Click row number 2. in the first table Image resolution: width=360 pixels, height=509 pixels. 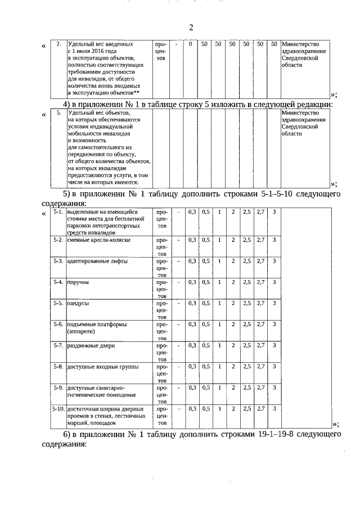(x=58, y=44)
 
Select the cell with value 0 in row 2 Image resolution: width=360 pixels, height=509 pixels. (x=191, y=44)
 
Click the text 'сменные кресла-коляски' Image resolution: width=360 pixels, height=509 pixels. (x=98, y=240)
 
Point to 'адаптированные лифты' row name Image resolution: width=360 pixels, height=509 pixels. (x=97, y=262)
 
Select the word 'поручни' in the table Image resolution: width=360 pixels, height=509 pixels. (x=78, y=282)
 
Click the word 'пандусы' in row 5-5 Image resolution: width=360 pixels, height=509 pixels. (x=78, y=303)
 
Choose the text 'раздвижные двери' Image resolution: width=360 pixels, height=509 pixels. (x=91, y=345)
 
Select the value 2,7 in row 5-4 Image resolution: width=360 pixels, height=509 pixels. (x=260, y=282)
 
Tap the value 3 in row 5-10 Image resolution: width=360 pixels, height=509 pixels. (x=274, y=408)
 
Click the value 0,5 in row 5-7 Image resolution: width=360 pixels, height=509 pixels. (x=206, y=345)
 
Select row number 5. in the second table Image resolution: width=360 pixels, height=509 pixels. (x=58, y=112)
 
